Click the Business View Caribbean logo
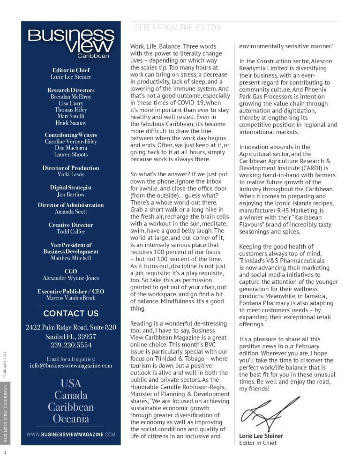pyautogui.click(x=71, y=44)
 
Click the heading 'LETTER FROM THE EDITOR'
pyautogui.click(x=175, y=28)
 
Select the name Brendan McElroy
pyautogui.click(x=71, y=97)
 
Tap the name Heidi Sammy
pyautogui.click(x=71, y=123)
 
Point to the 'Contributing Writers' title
pyautogui.click(x=71, y=135)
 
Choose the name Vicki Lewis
pyautogui.click(x=71, y=174)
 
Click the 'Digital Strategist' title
pyautogui.click(x=71, y=188)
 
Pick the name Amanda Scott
pyautogui.click(x=71, y=211)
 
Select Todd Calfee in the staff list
pyautogui.click(x=71, y=231)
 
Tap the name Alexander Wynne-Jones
pyautogui.click(x=71, y=278)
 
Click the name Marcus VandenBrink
pyautogui.click(x=71, y=298)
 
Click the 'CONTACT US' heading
pyautogui.click(x=71, y=314)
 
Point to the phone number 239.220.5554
pyautogui.click(x=71, y=345)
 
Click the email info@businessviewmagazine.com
pyautogui.click(x=71, y=366)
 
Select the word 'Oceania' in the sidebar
pyautogui.click(x=71, y=419)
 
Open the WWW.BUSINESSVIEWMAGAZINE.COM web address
pyautogui.click(x=71, y=435)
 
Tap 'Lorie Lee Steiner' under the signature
pyautogui.click(x=261, y=436)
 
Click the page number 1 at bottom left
pyautogui.click(x=5, y=452)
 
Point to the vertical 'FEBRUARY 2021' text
pyautogui.click(x=5, y=364)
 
